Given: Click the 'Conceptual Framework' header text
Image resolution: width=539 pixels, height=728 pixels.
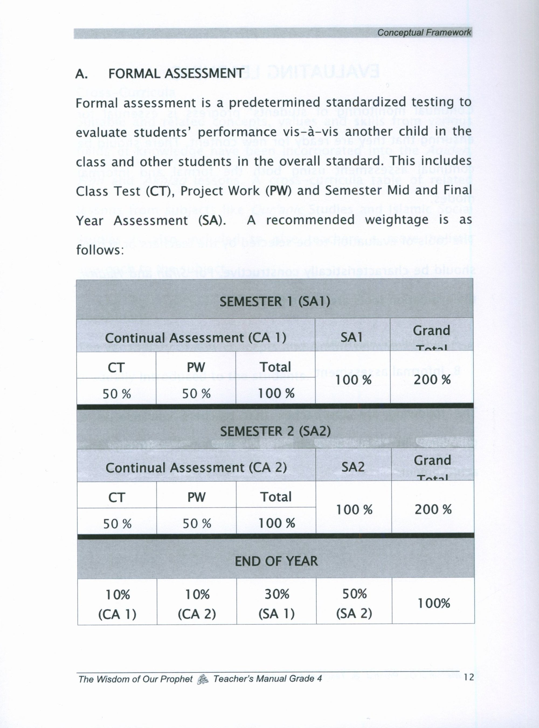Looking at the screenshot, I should click(x=424, y=33).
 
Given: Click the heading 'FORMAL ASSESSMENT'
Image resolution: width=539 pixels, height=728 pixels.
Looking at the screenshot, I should click(x=176, y=74).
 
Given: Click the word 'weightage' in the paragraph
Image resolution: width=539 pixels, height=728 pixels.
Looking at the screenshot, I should click(x=396, y=220).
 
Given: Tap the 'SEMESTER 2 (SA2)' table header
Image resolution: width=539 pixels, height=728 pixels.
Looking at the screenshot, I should click(x=275, y=431).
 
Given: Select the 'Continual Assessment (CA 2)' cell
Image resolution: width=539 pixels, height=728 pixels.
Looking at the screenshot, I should click(x=196, y=468).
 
